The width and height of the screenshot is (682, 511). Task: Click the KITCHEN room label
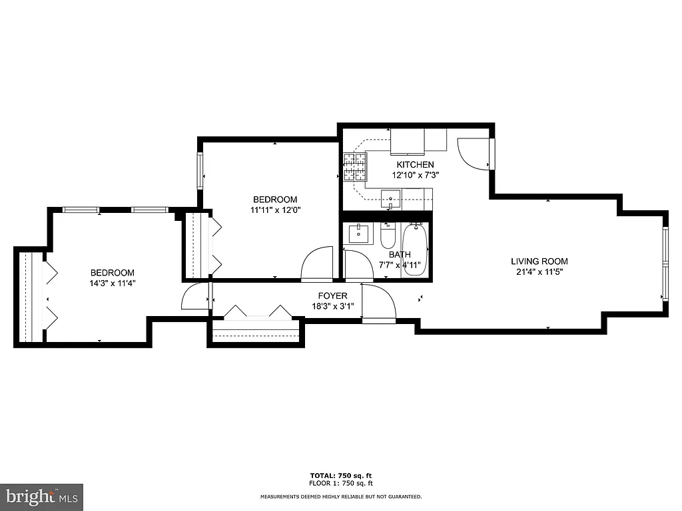point(415,164)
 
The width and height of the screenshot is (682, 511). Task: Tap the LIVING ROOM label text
point(539,261)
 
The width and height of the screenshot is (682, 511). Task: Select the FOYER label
point(332,296)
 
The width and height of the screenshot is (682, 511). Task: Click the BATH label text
point(400,254)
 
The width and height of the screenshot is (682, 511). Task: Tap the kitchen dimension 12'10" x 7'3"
point(415,174)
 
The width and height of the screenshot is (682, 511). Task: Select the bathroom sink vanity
point(360,234)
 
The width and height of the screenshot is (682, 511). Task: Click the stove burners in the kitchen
point(355,167)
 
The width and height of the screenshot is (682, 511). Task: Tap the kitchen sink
point(390,196)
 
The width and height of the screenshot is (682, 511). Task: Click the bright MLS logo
point(41,496)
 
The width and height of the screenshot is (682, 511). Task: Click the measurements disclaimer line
point(341,496)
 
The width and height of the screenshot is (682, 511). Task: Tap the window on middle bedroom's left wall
point(200,171)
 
